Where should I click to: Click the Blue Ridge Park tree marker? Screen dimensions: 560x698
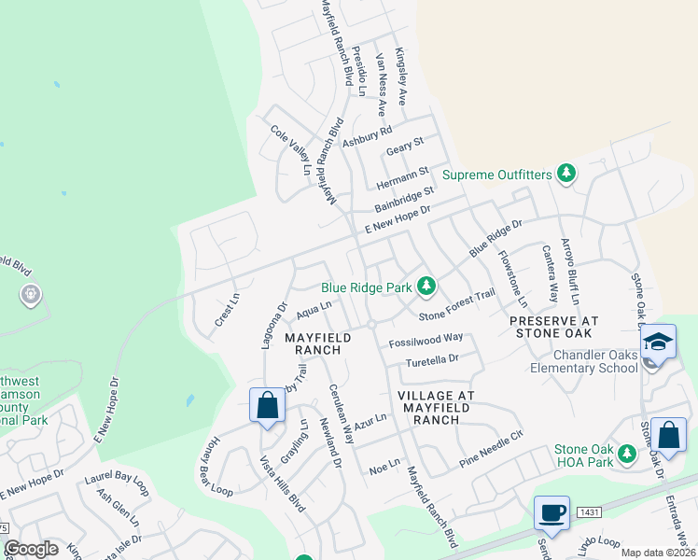click(x=426, y=285)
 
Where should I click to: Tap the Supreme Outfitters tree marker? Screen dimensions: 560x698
click(x=565, y=173)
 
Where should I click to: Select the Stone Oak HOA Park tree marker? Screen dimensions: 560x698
click(x=628, y=453)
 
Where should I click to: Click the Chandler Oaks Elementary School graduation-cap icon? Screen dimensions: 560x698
click(x=658, y=343)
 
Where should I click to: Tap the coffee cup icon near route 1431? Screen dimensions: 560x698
click(x=551, y=511)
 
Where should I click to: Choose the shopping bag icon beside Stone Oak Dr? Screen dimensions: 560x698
click(x=670, y=434)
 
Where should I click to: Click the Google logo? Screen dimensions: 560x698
click(x=30, y=549)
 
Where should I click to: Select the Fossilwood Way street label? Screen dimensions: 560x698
click(x=426, y=338)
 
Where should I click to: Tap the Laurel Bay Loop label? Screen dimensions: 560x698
click(x=117, y=483)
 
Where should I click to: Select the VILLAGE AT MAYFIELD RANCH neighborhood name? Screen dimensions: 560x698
click(x=437, y=408)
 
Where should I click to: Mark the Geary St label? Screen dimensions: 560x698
click(x=405, y=146)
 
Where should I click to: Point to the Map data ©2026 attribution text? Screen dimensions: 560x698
click(x=657, y=553)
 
